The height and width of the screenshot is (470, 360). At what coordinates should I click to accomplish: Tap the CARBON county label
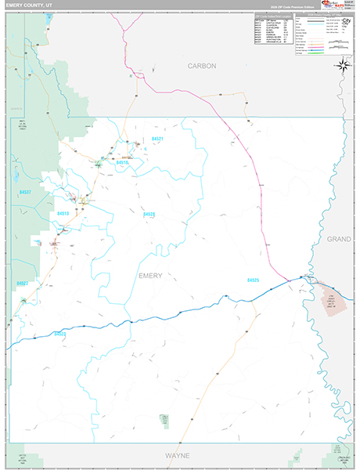pyautogui.click(x=201, y=67)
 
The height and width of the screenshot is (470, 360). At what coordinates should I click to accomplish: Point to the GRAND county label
pyautogui.click(x=339, y=238)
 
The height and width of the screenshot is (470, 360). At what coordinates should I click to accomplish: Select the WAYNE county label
pyautogui.click(x=177, y=454)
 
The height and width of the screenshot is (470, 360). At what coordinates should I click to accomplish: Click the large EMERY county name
pyautogui.click(x=150, y=275)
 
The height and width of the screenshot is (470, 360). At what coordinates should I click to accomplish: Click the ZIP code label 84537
pyautogui.click(x=26, y=192)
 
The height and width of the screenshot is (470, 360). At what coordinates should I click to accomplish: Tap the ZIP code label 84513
pyautogui.click(x=63, y=213)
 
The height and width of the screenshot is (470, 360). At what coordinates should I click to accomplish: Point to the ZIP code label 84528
pyautogui.click(x=149, y=213)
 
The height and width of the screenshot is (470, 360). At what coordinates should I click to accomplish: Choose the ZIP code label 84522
pyautogui.click(x=60, y=334)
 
